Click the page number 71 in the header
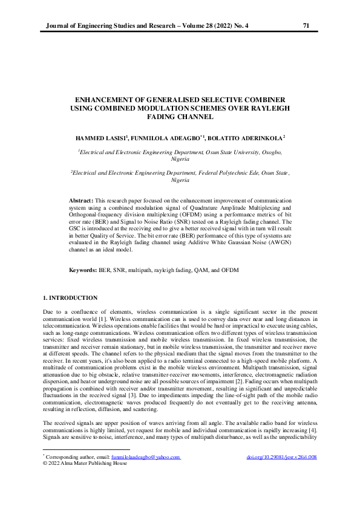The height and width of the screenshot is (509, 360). point(306,25)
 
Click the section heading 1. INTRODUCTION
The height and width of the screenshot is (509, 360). point(70,297)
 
